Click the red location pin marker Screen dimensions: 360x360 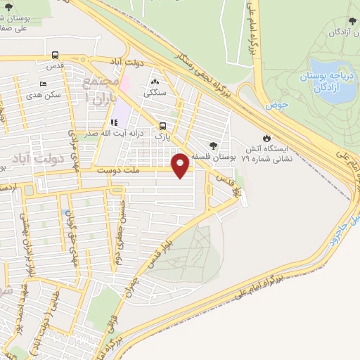click(x=181, y=165)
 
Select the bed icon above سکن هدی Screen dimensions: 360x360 click(x=44, y=85)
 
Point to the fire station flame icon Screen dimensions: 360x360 click(x=266, y=137)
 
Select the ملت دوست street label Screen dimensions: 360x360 click(x=116, y=170)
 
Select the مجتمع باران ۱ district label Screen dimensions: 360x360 click(x=96, y=89)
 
